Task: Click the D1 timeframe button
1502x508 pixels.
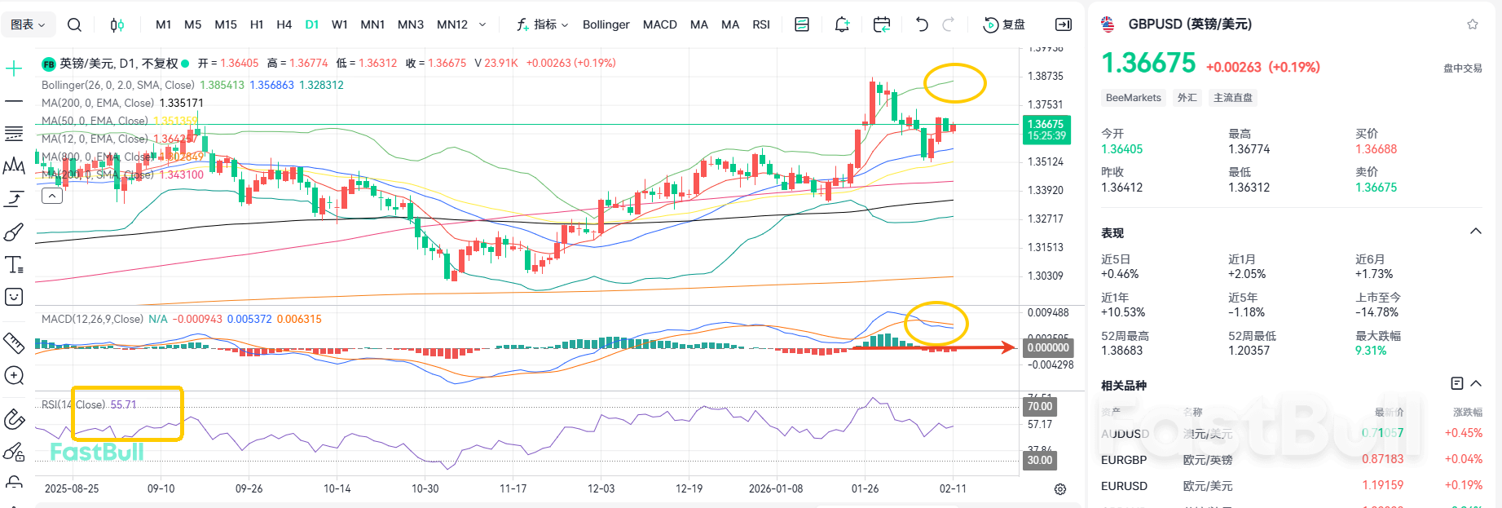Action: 311,24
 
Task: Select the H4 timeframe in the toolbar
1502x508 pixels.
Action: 284,24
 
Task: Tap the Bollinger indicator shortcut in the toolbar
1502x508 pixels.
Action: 606,24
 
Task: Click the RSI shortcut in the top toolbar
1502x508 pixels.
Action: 760,24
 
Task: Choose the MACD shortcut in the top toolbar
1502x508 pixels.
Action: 659,24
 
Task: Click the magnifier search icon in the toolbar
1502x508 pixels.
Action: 74,24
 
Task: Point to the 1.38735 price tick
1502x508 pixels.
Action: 1046,76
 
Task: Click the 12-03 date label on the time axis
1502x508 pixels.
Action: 601,488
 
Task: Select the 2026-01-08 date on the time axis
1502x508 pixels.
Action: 775,488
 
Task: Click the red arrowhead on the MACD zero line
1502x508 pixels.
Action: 1010,347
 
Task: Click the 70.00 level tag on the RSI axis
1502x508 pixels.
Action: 1040,406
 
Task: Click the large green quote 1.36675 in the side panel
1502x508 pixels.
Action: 1148,64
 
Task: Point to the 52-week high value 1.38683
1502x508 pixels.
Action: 1121,351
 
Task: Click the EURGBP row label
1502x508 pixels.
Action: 1124,460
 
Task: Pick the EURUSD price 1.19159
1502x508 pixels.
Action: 1382,485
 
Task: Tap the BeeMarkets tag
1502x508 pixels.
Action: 1133,98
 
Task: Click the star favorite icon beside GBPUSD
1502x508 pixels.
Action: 1472,24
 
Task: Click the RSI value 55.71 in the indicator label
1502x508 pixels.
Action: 124,404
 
